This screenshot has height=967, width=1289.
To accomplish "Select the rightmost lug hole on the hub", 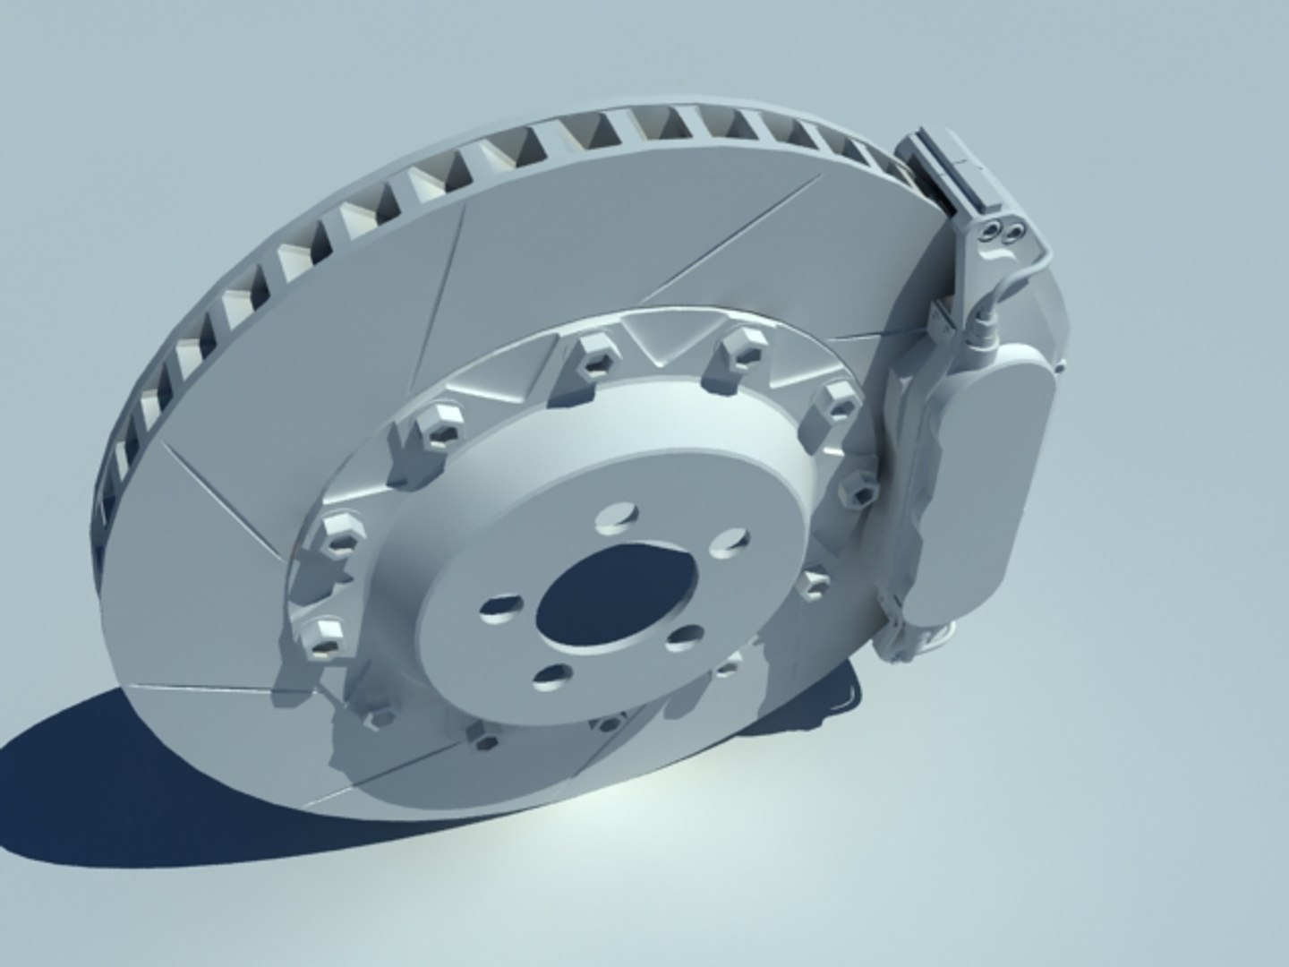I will pos(730,541).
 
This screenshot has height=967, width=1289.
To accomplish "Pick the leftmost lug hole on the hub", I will pos(499,611).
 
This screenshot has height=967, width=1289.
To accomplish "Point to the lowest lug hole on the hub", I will pos(550,680).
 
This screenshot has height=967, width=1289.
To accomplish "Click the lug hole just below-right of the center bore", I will pos(686,638).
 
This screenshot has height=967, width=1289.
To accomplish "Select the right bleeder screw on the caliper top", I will pos(1014,231).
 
